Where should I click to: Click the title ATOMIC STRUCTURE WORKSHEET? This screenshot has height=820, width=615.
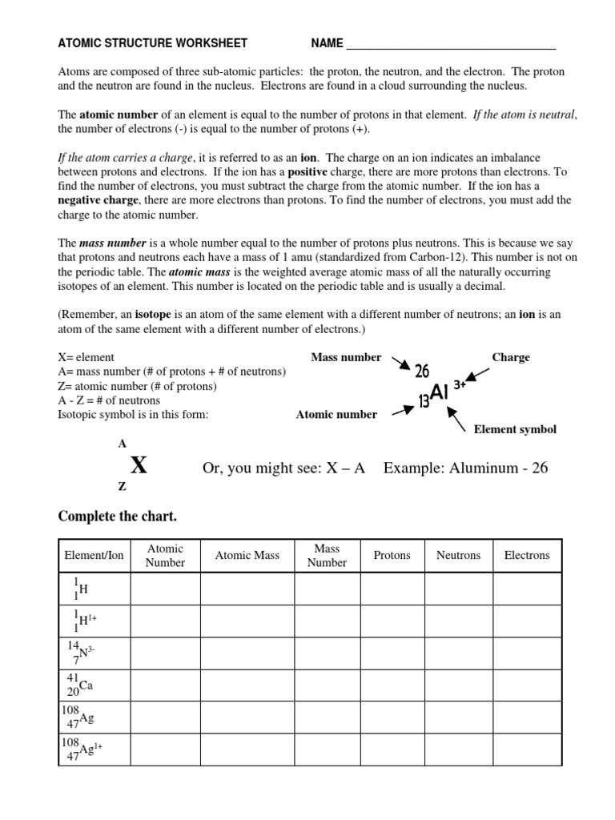coord(153,43)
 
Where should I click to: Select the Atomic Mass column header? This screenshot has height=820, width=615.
coord(247,556)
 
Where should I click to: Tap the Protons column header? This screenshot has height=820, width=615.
coord(392,556)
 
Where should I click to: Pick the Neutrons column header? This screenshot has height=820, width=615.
coord(458,556)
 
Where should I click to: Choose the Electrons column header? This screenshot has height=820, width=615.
coord(527,556)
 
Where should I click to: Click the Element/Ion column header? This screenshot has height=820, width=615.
coord(94,556)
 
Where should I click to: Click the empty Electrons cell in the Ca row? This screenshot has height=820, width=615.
coord(527,685)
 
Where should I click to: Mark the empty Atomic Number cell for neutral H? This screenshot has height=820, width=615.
coord(165,589)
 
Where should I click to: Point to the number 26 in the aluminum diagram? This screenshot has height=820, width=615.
coord(422,372)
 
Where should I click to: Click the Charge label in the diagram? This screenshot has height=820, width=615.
coord(510,358)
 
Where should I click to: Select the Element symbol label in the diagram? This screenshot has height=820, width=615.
coord(515,430)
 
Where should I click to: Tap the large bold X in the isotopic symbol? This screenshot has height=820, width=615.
coord(139,465)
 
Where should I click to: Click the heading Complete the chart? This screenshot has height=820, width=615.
coord(117,517)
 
